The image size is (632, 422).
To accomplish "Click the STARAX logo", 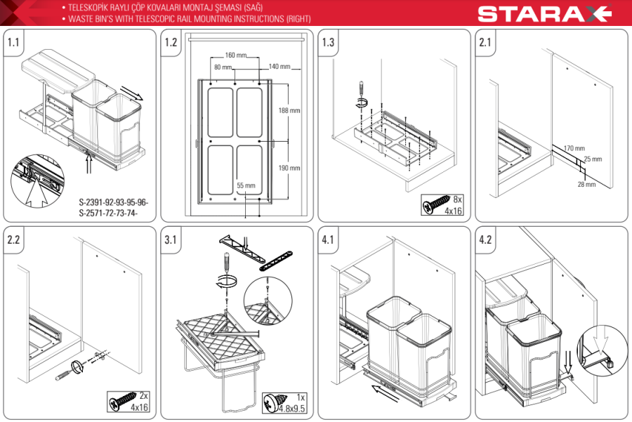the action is tap(544, 13).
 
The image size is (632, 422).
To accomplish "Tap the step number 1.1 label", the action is tap(13, 42).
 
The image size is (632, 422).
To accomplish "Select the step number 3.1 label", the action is tap(171, 240).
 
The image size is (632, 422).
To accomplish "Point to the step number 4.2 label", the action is tap(485, 240).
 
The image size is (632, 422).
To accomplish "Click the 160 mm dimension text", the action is tap(236, 55).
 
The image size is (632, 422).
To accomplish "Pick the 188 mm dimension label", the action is tap(289, 110).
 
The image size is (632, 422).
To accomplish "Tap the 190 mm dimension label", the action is tap(289, 168).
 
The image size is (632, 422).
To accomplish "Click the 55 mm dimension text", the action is tap(246, 185).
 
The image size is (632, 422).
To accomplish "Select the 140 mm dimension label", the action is tap(279, 67).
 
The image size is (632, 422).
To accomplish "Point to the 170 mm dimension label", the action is tap(574, 148).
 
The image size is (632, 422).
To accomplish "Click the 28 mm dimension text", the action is tap(586, 184).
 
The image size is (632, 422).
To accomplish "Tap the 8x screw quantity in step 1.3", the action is tap(457, 199).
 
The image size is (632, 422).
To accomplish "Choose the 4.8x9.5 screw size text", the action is tap(292, 408).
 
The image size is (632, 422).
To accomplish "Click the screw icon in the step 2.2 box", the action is tap(122, 402).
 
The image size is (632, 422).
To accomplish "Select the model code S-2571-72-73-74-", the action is tap(108, 213).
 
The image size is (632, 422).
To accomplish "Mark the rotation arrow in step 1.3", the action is tap(362, 103).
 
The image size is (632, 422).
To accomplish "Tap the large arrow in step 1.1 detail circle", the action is tap(37, 192).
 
